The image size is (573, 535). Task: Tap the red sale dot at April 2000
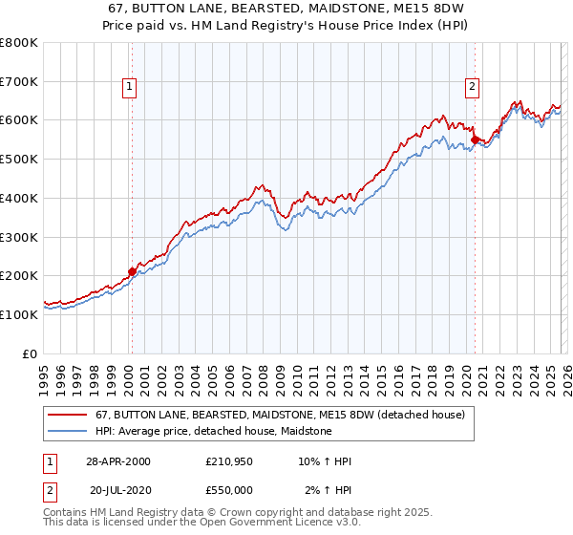(132, 271)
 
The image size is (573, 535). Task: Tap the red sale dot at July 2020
(475, 139)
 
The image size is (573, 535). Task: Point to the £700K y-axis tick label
(19, 82)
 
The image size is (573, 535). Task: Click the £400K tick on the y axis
(19, 198)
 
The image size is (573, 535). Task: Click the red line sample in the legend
(67, 415)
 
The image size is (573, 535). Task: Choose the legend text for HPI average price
(213, 431)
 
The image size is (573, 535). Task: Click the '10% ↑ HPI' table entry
(325, 461)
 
